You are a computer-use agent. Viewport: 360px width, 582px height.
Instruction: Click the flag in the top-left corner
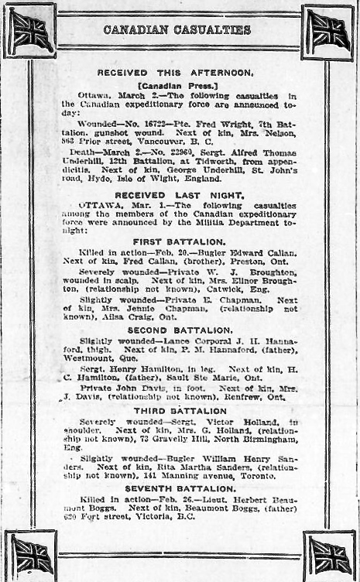click(x=31, y=31)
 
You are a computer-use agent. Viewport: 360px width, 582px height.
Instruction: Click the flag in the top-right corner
click(x=328, y=31)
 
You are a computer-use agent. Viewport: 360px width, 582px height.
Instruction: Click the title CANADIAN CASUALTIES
click(x=177, y=29)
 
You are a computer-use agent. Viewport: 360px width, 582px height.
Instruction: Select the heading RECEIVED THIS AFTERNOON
click(x=175, y=72)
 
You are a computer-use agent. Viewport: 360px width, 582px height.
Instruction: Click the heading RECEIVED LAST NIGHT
click(x=180, y=195)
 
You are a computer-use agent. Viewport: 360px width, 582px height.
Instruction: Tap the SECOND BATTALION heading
click(x=179, y=330)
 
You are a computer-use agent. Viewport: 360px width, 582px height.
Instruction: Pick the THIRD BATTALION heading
click(x=179, y=410)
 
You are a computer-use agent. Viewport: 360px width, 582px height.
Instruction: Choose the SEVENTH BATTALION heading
click(x=179, y=489)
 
